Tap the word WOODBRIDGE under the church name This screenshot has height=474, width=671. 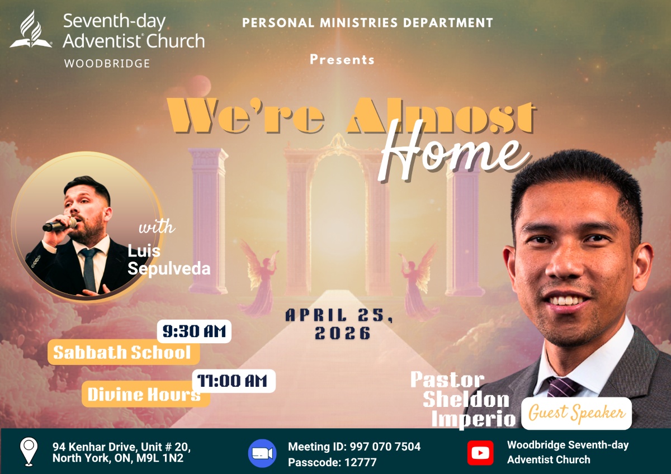107,64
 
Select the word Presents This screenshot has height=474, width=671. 342,59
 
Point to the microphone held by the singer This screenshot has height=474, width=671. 60,225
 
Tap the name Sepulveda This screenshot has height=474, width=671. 169,268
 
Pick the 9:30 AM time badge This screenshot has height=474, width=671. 194,331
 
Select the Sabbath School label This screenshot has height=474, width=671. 124,352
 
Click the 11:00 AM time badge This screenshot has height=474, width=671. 234,381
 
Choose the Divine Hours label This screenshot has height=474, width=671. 145,394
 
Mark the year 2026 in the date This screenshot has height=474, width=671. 343,333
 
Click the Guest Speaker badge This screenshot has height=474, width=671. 577,414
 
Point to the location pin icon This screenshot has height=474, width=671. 29,452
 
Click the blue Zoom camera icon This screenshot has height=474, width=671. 262,453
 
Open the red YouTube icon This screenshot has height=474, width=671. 480,453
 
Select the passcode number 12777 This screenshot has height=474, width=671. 360,462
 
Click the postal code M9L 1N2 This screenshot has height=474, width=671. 160,458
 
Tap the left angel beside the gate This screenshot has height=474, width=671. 258,278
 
